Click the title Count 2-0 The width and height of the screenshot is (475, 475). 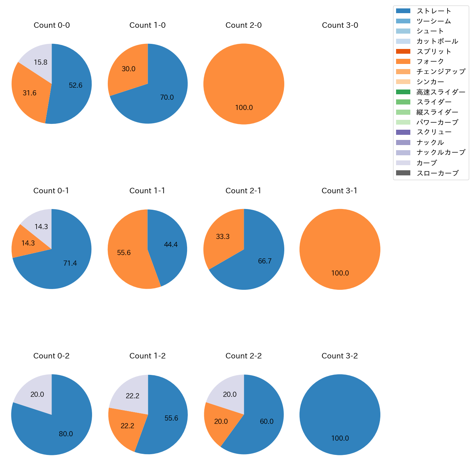(243, 25)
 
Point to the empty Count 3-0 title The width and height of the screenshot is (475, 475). (340, 25)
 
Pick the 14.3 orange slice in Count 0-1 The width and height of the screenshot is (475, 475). (27, 243)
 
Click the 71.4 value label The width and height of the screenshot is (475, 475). (70, 263)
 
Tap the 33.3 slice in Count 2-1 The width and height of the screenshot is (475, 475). (223, 237)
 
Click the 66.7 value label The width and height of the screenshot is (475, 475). (265, 261)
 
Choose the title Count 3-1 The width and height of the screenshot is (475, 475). (339, 191)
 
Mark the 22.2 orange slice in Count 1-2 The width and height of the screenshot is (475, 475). (127, 426)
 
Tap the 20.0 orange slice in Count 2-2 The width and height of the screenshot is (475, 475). (221, 421)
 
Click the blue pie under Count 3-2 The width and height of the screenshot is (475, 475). (340, 415)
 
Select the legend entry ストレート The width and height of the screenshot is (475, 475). (434, 11)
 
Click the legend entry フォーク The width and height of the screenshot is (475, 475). (430, 61)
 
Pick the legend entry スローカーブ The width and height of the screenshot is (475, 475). (437, 173)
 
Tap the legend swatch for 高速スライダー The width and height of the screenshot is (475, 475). (403, 92)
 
